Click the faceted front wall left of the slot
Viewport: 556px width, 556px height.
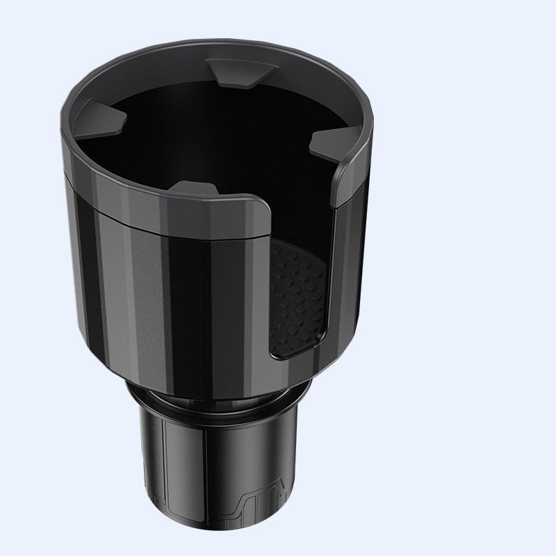(174, 292)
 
